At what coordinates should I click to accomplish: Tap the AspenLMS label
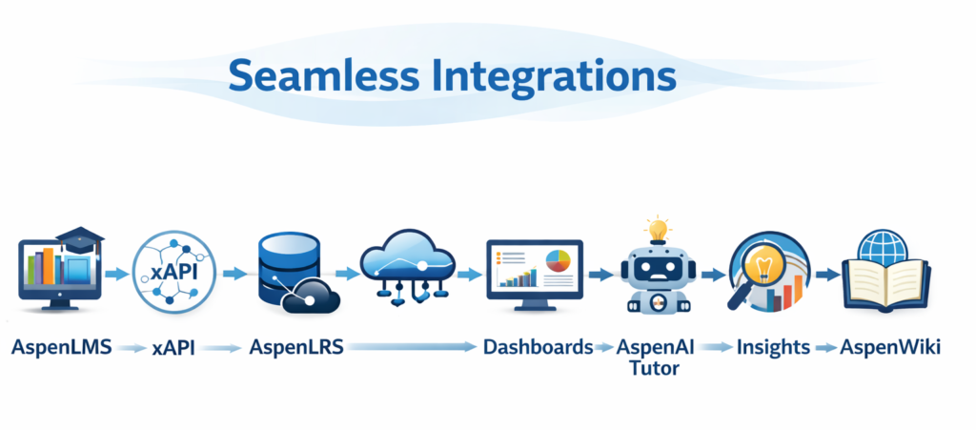pyautogui.click(x=62, y=348)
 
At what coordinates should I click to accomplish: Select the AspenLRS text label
pyautogui.click(x=295, y=348)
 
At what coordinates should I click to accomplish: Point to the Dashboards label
pyautogui.click(x=538, y=348)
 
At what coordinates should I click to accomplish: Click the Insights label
pyautogui.click(x=773, y=348)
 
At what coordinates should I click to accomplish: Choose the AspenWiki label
pyautogui.click(x=890, y=348)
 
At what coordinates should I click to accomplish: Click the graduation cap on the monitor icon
pyautogui.click(x=81, y=236)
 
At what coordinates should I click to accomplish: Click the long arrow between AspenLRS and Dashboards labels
pyautogui.click(x=412, y=349)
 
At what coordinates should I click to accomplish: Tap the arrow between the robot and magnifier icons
pyautogui.click(x=712, y=275)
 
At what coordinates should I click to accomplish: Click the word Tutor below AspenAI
pyautogui.click(x=655, y=368)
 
